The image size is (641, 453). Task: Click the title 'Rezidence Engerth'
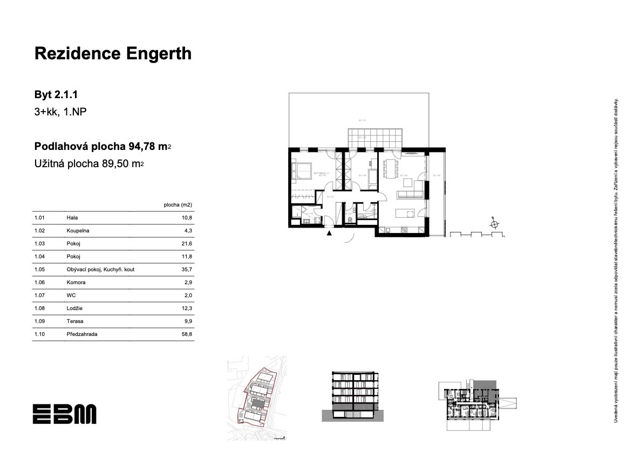click(x=112, y=54)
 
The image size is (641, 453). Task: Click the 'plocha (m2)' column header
click(x=178, y=205)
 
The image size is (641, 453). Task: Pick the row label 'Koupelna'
click(x=78, y=231)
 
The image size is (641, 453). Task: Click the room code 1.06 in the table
click(x=39, y=283)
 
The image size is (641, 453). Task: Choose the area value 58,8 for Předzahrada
click(x=186, y=334)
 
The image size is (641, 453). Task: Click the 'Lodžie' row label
click(x=76, y=308)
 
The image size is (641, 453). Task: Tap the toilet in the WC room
click(x=349, y=218)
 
